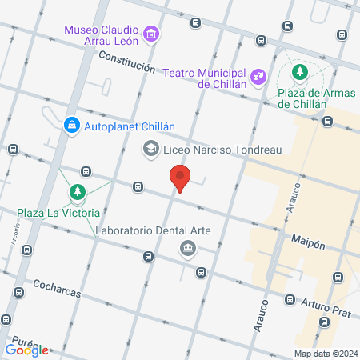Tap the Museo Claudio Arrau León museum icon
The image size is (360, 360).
pos(152,34)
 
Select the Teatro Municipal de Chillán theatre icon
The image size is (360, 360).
pos(258,76)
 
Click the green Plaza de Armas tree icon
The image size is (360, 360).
pos(300,73)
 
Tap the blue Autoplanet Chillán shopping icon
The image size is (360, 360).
pos(71,126)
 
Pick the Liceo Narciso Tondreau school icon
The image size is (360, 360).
pos(150,149)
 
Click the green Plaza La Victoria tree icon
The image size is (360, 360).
pos(77,192)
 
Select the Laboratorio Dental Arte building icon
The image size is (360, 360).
pos(187,247)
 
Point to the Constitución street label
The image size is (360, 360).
pos(126,63)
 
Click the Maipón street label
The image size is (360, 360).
pos(308,241)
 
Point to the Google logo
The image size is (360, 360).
pos(27,350)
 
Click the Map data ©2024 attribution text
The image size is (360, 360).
pos(325,354)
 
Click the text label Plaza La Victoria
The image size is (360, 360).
pos(58,213)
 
